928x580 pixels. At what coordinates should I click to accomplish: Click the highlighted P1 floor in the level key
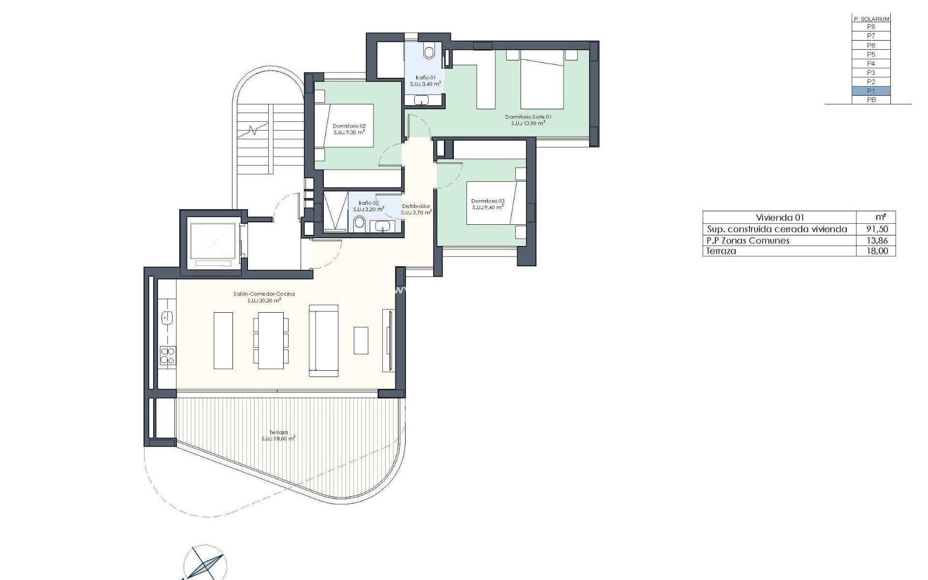click(x=870, y=91)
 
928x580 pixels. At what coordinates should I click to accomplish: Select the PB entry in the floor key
click(x=870, y=100)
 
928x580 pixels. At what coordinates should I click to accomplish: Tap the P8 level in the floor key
click(x=870, y=27)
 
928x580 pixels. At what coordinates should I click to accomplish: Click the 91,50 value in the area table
click(x=877, y=229)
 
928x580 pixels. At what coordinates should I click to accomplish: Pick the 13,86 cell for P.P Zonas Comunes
click(x=877, y=240)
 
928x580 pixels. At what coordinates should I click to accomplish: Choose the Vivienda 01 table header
click(x=780, y=217)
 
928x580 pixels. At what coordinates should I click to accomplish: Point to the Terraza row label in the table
click(x=721, y=251)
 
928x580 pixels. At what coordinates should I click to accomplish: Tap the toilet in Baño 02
click(x=360, y=223)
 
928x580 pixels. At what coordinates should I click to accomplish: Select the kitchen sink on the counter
click(x=167, y=318)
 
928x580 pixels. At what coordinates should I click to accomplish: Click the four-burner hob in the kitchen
click(x=168, y=355)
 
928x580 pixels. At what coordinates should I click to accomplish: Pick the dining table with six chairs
click(x=271, y=340)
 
